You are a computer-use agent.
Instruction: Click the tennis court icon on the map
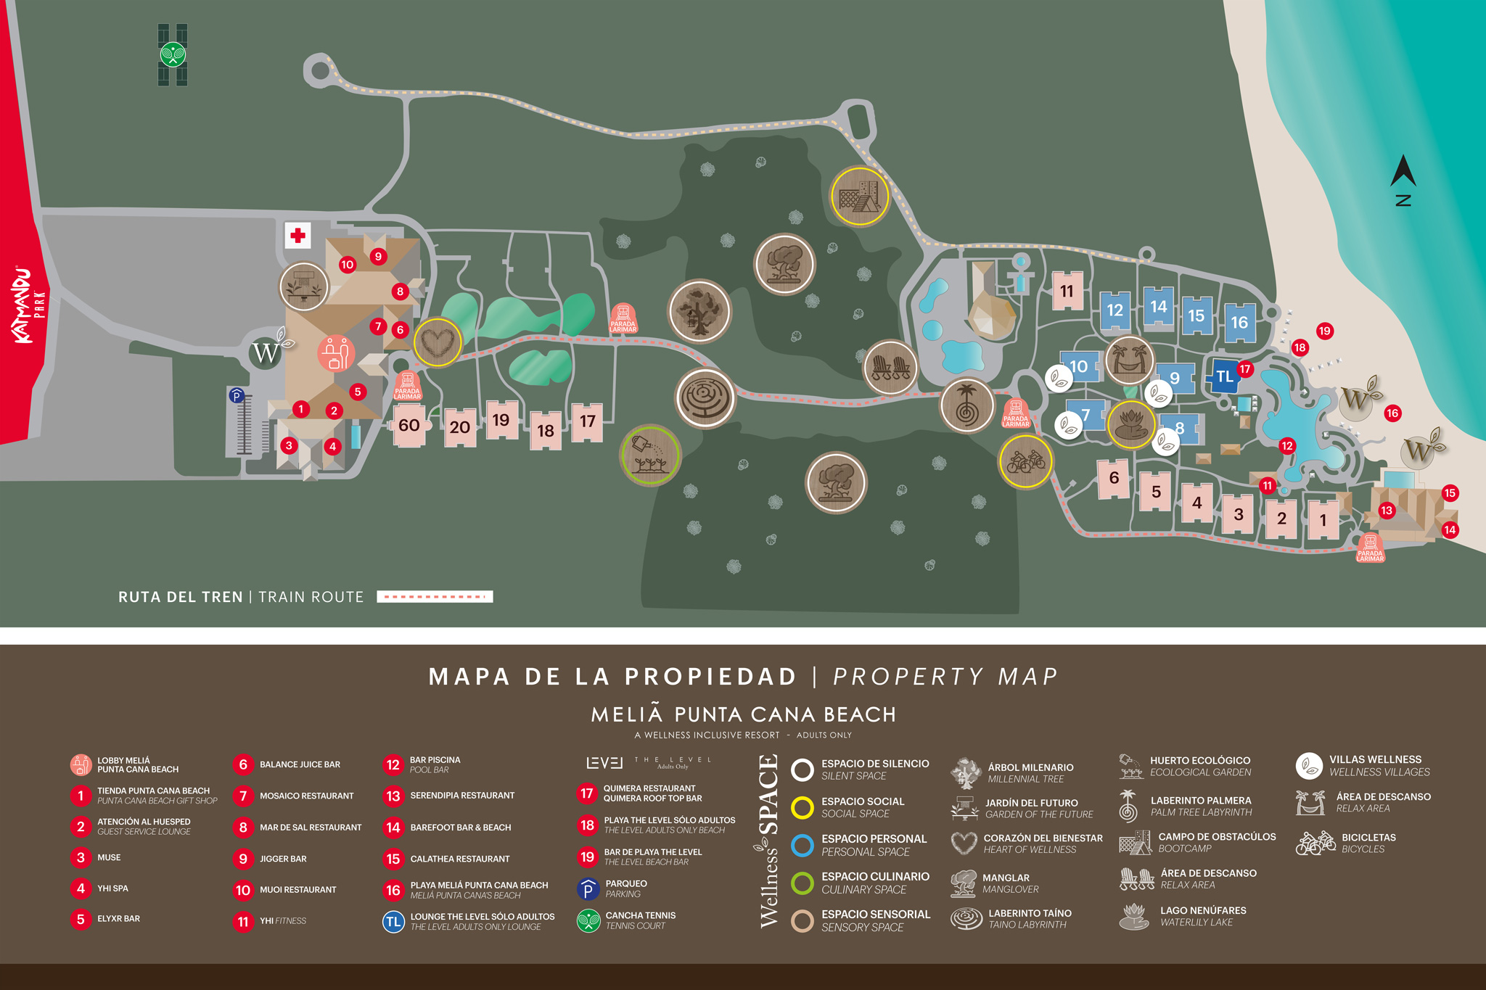[173, 54]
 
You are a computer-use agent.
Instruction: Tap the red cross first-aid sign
[297, 236]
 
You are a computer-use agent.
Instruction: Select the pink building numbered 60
[409, 425]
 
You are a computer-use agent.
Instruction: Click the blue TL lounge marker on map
[1225, 376]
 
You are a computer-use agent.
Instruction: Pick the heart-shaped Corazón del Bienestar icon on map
[438, 342]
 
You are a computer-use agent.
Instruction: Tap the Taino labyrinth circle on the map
[705, 398]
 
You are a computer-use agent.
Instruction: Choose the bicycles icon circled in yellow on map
[1025, 461]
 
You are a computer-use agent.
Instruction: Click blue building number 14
[1158, 307]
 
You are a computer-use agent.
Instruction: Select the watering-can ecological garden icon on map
[650, 455]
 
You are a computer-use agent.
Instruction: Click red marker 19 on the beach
[1324, 331]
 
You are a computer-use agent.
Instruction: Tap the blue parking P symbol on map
[236, 395]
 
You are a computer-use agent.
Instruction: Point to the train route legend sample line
[435, 597]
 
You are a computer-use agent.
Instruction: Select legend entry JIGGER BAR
[283, 859]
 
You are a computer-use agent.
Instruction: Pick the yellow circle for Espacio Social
[802, 807]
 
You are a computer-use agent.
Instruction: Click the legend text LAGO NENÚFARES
[1202, 910]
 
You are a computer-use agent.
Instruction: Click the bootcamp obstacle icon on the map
[860, 197]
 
